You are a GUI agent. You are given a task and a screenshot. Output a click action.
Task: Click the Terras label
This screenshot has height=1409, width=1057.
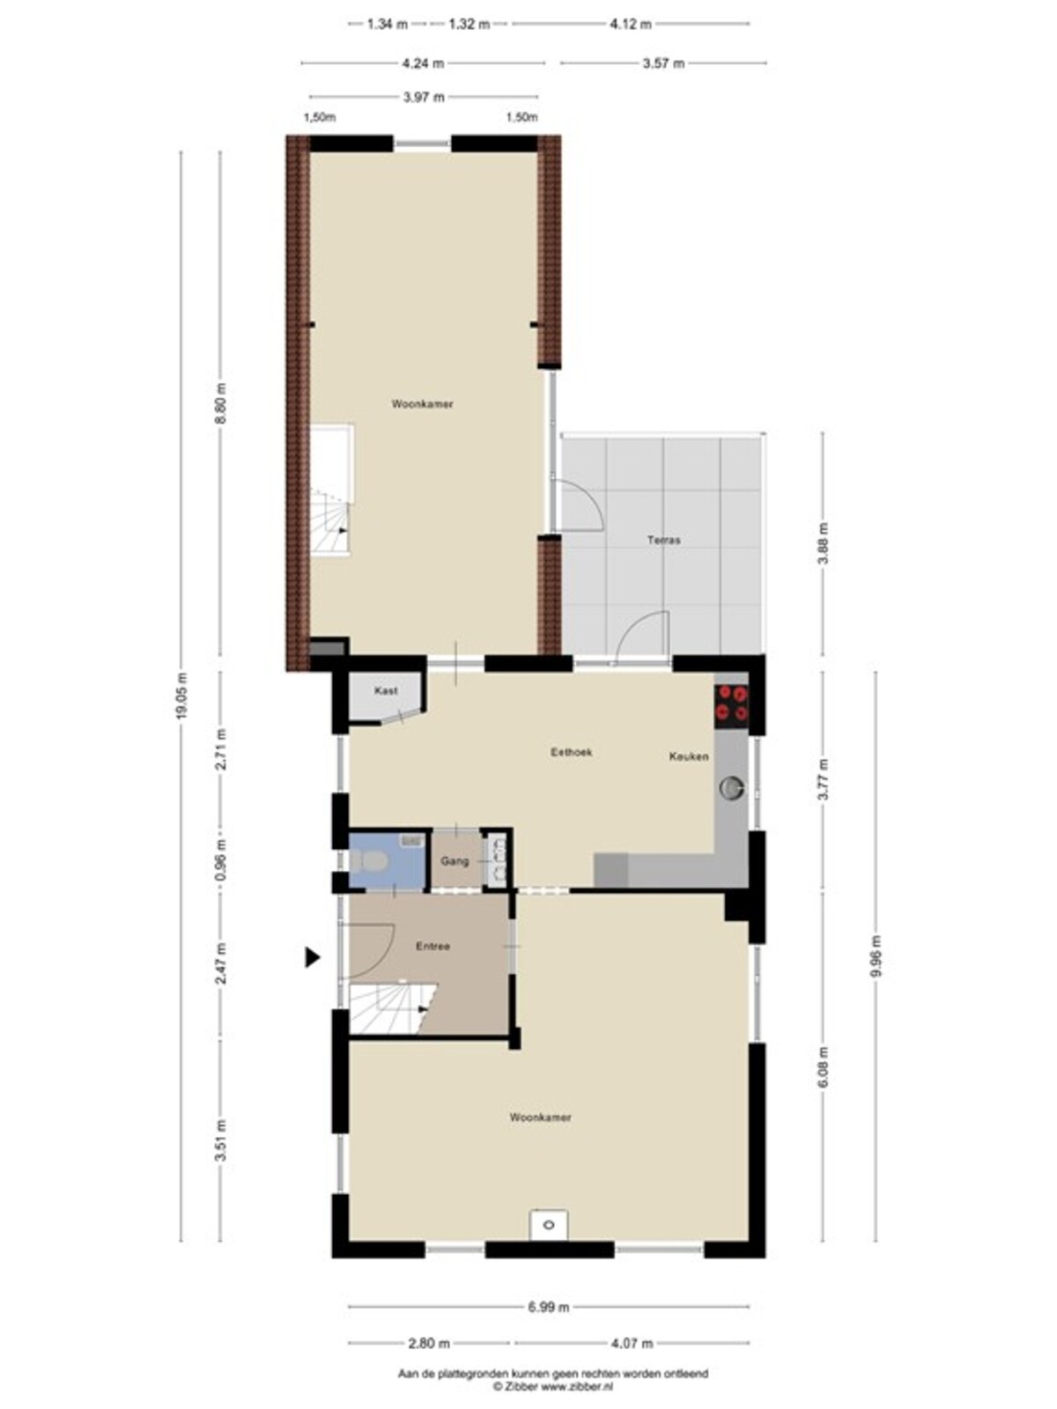pyautogui.click(x=663, y=540)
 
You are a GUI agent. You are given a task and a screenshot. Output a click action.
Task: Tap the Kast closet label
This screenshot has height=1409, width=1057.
pyautogui.click(x=386, y=690)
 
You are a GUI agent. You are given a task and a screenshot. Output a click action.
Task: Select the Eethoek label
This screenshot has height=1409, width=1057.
pyautogui.click(x=571, y=752)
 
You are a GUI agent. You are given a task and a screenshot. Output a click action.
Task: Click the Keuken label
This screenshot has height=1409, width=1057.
pyautogui.click(x=689, y=756)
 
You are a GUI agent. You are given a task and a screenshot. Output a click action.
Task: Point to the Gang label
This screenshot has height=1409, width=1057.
pyautogui.click(x=455, y=861)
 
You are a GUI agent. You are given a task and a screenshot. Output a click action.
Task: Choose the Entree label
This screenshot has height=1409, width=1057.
pyautogui.click(x=432, y=946)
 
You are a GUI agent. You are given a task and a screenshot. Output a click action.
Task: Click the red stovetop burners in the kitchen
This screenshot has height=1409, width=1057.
pyautogui.click(x=732, y=703)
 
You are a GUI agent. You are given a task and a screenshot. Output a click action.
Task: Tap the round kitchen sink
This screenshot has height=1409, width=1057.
pyautogui.click(x=732, y=787)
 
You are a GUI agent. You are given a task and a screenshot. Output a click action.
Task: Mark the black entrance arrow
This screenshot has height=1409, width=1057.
pyautogui.click(x=312, y=958)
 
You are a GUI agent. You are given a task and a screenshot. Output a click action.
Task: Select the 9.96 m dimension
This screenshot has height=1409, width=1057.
pyautogui.click(x=877, y=956)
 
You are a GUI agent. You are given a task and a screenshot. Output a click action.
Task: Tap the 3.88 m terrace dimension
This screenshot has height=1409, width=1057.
pyautogui.click(x=824, y=543)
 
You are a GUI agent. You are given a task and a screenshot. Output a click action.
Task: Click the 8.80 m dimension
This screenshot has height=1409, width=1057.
pyautogui.click(x=221, y=403)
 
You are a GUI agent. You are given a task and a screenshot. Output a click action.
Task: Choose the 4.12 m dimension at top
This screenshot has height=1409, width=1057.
pyautogui.click(x=631, y=25)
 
